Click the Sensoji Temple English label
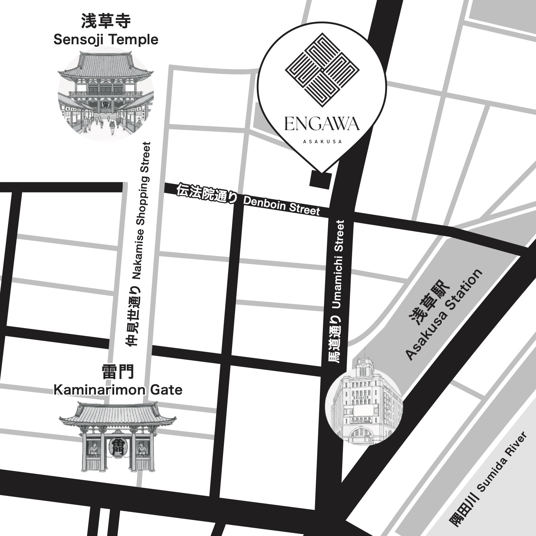pyautogui.click(x=106, y=39)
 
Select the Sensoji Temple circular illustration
pyautogui.click(x=106, y=95)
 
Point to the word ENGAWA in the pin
pyautogui.click(x=322, y=124)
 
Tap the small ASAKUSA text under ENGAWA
pyautogui.click(x=322, y=141)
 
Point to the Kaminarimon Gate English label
pyautogui.click(x=118, y=390)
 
